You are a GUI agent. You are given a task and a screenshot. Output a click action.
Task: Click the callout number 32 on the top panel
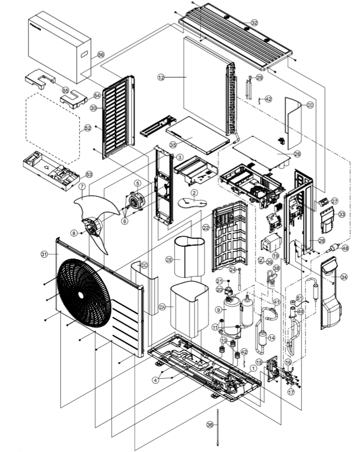[x=254, y=23]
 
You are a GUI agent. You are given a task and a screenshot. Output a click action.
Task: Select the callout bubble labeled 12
[x=161, y=77]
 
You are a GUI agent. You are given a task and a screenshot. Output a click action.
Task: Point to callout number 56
[x=101, y=54]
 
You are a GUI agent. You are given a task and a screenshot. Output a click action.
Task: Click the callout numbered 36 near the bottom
[x=210, y=425]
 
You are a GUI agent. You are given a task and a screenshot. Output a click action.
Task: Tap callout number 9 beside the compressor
[x=218, y=310]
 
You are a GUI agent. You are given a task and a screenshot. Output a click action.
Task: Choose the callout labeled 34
[x=344, y=276]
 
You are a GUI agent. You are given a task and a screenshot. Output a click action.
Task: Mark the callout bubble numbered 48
[x=345, y=248]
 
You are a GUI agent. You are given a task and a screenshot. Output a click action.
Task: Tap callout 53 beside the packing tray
[x=89, y=174]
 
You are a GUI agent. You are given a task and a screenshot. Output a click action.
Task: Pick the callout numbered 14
[x=271, y=338]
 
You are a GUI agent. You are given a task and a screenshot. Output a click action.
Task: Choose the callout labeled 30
[x=93, y=108]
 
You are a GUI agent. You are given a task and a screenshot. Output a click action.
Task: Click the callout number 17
[x=291, y=392]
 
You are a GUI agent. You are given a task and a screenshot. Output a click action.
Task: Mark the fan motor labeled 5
[x=135, y=201]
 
